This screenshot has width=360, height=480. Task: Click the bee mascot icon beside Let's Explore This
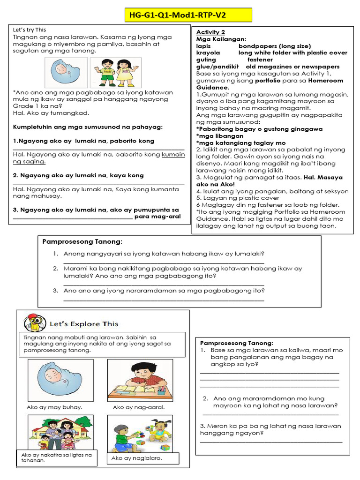(32, 323)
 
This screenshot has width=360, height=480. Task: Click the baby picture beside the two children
(66, 73)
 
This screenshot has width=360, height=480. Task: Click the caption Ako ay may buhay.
(54, 407)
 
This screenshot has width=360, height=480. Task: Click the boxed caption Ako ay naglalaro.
(136, 458)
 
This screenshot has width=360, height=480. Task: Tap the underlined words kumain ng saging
(29, 161)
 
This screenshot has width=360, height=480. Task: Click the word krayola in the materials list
(208, 53)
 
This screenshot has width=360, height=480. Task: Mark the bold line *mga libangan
(220, 136)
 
